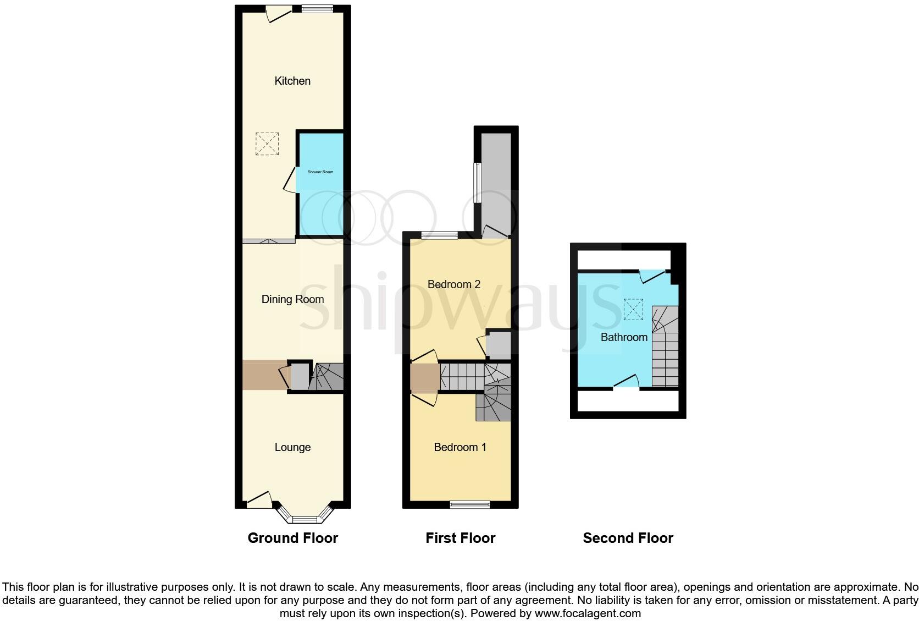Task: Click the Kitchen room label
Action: tap(292, 81)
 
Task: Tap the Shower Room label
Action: tap(320, 172)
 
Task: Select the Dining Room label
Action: tap(292, 299)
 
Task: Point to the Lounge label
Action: tap(292, 447)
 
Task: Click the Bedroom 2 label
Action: tap(454, 284)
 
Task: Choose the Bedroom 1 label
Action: tap(460, 447)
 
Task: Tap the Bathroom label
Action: tap(624, 337)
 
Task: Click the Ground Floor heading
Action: tap(292, 538)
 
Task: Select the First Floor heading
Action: tap(460, 538)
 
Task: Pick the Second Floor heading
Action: tap(628, 538)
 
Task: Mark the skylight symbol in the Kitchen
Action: tap(267, 144)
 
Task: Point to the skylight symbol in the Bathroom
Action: tap(633, 309)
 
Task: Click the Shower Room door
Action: tap(290, 180)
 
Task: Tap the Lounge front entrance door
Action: tap(259, 499)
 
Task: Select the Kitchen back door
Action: tap(279, 14)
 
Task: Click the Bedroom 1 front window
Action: tap(469, 504)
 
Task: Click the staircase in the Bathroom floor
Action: tap(665, 347)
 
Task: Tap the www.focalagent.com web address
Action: tap(588, 613)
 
